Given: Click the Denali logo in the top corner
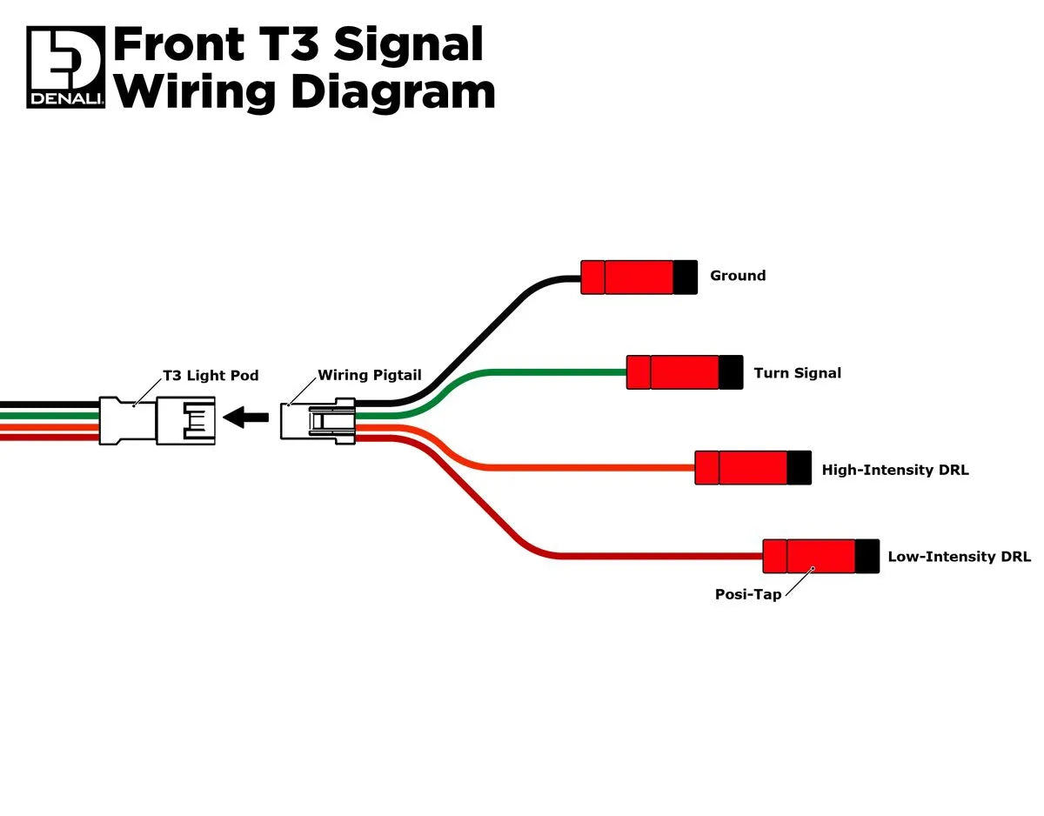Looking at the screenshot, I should (65, 67).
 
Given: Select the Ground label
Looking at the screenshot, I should (738, 276).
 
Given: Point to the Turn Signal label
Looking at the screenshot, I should (797, 373).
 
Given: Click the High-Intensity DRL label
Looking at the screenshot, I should (894, 471).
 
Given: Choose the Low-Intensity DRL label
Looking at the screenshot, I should (959, 557).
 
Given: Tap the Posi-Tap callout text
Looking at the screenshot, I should (747, 595).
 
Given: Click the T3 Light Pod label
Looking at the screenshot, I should (211, 376).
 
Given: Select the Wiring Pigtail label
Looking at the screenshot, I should (369, 376).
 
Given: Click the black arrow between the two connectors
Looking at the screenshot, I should (246, 418).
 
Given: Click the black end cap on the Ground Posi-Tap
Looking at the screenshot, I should (686, 277).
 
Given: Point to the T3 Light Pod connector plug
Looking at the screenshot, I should (157, 421).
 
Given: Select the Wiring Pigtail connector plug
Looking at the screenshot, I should (318, 421).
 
